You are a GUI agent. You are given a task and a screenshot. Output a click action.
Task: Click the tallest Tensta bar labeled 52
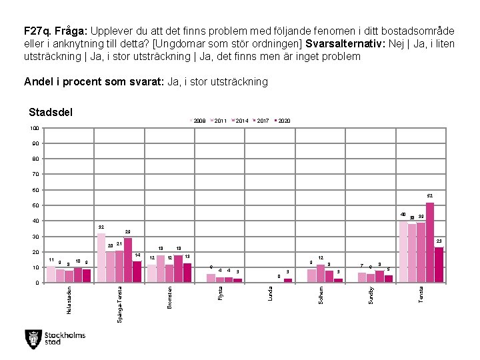(430, 242)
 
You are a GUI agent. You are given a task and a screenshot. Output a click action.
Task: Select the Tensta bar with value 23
(439, 265)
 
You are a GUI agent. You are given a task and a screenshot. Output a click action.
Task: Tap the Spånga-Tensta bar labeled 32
(101, 257)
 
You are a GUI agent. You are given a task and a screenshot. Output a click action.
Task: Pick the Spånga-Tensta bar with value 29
(128, 260)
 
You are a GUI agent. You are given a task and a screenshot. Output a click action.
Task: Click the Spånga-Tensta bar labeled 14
(137, 271)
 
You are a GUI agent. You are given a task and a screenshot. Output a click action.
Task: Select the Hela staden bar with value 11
(51, 274)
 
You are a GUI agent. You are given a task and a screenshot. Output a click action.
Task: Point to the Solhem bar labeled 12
(321, 273)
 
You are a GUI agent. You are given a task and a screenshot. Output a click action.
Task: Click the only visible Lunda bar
(288, 280)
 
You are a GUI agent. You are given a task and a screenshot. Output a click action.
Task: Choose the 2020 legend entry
(282, 121)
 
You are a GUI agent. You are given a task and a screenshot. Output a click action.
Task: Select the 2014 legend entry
(241, 121)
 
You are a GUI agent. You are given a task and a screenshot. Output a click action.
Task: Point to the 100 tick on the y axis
(34, 128)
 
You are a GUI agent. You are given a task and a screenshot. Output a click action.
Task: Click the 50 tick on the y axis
(35, 205)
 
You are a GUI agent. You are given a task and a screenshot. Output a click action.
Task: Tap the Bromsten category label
(170, 297)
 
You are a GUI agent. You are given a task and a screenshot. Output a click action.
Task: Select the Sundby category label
(371, 295)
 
